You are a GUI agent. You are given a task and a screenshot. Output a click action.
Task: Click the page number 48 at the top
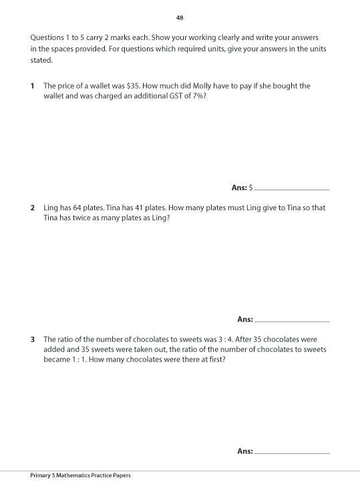coord(180,17)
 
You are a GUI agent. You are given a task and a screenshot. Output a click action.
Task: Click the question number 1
coord(32,86)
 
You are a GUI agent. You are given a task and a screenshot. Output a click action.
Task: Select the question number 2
coord(32,208)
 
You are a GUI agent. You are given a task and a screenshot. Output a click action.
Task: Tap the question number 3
coord(32,339)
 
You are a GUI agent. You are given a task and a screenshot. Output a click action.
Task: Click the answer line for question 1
coord(292,189)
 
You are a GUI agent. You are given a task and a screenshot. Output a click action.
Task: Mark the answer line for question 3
coord(292,453)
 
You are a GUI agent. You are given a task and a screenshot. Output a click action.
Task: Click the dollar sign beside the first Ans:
coord(250,188)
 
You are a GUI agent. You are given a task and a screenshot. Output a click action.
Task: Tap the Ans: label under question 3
coord(244,451)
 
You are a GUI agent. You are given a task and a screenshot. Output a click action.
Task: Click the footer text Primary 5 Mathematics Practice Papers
coord(80,475)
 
